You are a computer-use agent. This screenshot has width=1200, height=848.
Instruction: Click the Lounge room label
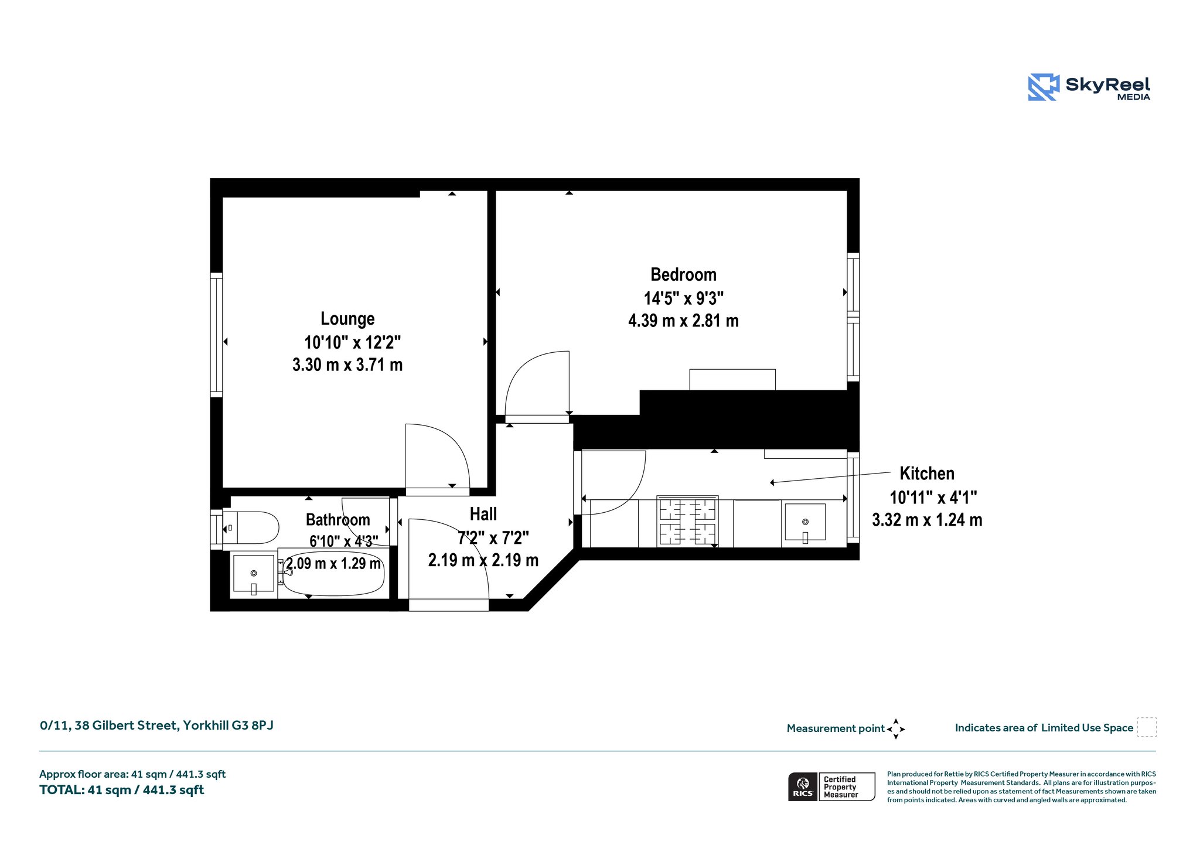coord(347,319)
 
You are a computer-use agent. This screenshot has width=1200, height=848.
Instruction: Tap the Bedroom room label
coord(683,274)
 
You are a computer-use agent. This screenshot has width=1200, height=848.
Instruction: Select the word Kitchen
coord(927,474)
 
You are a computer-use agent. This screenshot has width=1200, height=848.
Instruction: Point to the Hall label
coord(483,514)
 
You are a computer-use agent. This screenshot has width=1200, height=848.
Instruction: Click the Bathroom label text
coord(338,520)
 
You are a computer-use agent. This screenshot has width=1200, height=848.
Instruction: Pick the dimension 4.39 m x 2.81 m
coord(683,321)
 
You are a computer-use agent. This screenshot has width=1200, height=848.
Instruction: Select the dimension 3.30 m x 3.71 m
coord(347,365)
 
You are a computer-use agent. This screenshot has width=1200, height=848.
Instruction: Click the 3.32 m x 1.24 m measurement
coord(927,520)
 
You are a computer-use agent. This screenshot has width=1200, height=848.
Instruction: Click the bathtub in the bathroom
coord(332,573)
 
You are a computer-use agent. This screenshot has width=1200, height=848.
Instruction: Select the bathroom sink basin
coord(253,574)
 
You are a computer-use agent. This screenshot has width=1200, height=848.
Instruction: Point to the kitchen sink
coord(805,522)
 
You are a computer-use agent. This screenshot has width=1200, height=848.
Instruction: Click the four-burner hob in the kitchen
coord(688,520)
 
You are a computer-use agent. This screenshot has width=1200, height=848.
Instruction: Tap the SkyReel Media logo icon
coord(1044,87)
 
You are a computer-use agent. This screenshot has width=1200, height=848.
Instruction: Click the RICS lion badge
coord(803,786)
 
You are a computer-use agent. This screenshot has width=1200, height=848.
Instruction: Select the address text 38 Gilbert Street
coord(125,726)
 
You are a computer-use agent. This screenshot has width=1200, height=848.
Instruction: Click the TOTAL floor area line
coord(122,790)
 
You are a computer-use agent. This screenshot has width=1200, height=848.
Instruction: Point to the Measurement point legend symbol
coord(896,729)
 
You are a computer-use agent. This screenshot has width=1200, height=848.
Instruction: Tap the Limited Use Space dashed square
coord(1147,727)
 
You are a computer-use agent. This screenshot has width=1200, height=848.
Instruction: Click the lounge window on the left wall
coord(216,335)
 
